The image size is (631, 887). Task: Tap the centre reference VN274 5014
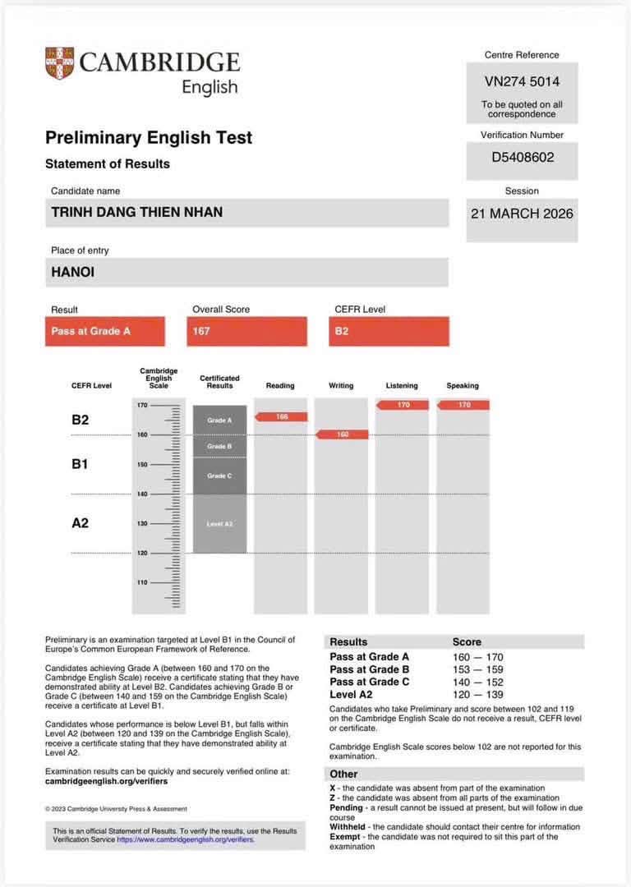coord(522,82)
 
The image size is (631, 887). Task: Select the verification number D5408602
coord(522,156)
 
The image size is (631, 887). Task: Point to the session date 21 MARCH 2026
coord(522,214)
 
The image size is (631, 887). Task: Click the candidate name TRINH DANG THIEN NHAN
coord(137,213)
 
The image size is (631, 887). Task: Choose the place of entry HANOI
coord(73,272)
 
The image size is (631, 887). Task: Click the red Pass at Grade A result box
coord(104,331)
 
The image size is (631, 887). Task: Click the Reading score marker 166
coord(282,417)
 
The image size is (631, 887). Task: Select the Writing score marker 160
coord(343,434)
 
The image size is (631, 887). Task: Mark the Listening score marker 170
coord(403,405)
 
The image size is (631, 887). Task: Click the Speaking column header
coord(463,385)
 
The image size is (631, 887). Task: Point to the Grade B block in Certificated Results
coord(219,446)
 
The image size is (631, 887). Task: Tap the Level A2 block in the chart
coord(219,523)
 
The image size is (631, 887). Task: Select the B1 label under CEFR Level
coord(80,464)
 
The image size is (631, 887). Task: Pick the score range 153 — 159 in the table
coord(477,669)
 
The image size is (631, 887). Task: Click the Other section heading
coord(344,774)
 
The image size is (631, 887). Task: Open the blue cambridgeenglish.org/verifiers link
coord(186,840)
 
